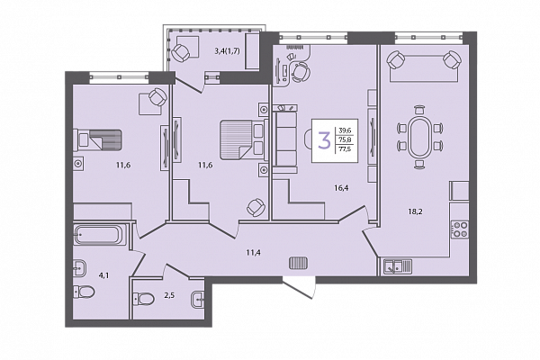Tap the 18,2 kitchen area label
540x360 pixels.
point(415,211)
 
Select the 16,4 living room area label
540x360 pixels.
point(341,188)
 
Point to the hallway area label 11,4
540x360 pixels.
point(253,253)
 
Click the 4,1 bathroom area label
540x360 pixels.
point(103,275)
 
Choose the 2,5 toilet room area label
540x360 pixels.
point(169,295)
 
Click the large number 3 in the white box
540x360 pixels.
point(324,139)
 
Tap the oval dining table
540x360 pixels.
point(419,137)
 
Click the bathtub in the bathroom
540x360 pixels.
point(97,235)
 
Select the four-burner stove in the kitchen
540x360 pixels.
point(460,229)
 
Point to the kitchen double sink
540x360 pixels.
point(398,266)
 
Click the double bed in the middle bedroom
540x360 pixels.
point(244,139)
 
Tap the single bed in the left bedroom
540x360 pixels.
point(97,139)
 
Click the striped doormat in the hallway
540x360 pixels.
point(298,263)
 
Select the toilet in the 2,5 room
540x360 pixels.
point(144,299)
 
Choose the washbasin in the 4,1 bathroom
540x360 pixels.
point(80,267)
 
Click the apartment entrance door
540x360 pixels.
point(299,288)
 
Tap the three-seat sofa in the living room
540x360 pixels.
point(285,139)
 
